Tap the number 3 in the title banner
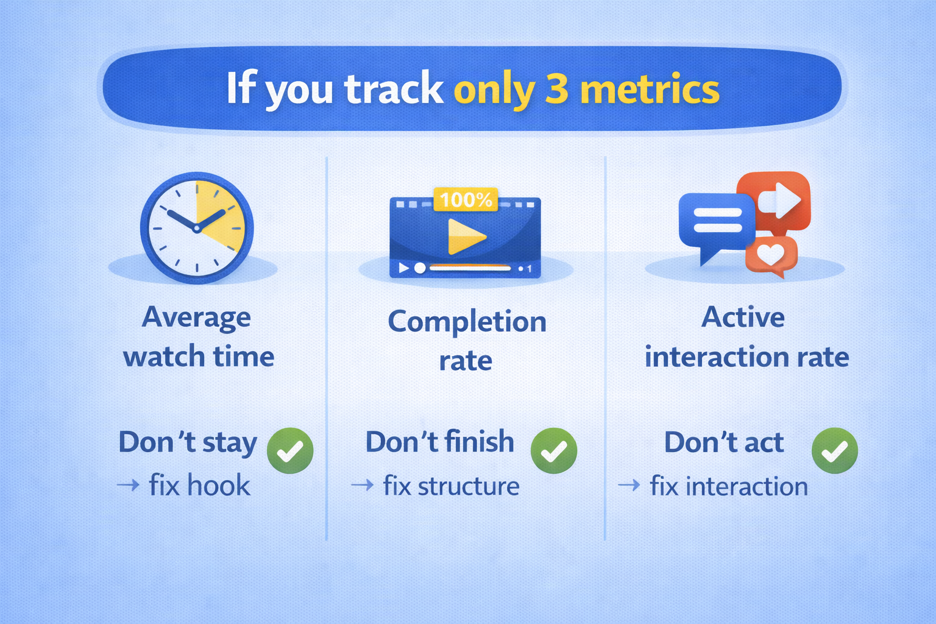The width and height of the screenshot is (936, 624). tap(556, 89)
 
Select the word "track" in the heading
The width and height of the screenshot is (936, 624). tap(394, 89)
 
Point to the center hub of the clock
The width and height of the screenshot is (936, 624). tap(197, 229)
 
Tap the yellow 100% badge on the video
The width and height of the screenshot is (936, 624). tap(466, 199)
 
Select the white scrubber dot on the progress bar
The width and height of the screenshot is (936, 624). tap(420, 268)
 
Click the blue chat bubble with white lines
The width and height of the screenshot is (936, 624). tap(717, 221)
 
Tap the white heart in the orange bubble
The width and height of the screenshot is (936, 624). tap(770, 254)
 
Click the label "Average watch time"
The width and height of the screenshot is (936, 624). tap(198, 336)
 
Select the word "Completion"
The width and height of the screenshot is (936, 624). tap(467, 321)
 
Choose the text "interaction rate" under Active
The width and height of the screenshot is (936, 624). tap(746, 357)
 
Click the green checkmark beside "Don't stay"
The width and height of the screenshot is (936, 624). tap(290, 451)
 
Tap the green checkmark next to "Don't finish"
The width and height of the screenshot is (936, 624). tap(553, 451)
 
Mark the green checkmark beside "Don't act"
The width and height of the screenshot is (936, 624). tap(834, 451)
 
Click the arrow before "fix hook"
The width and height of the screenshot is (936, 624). tap(128, 486)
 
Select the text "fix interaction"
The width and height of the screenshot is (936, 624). tap(729, 486)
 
